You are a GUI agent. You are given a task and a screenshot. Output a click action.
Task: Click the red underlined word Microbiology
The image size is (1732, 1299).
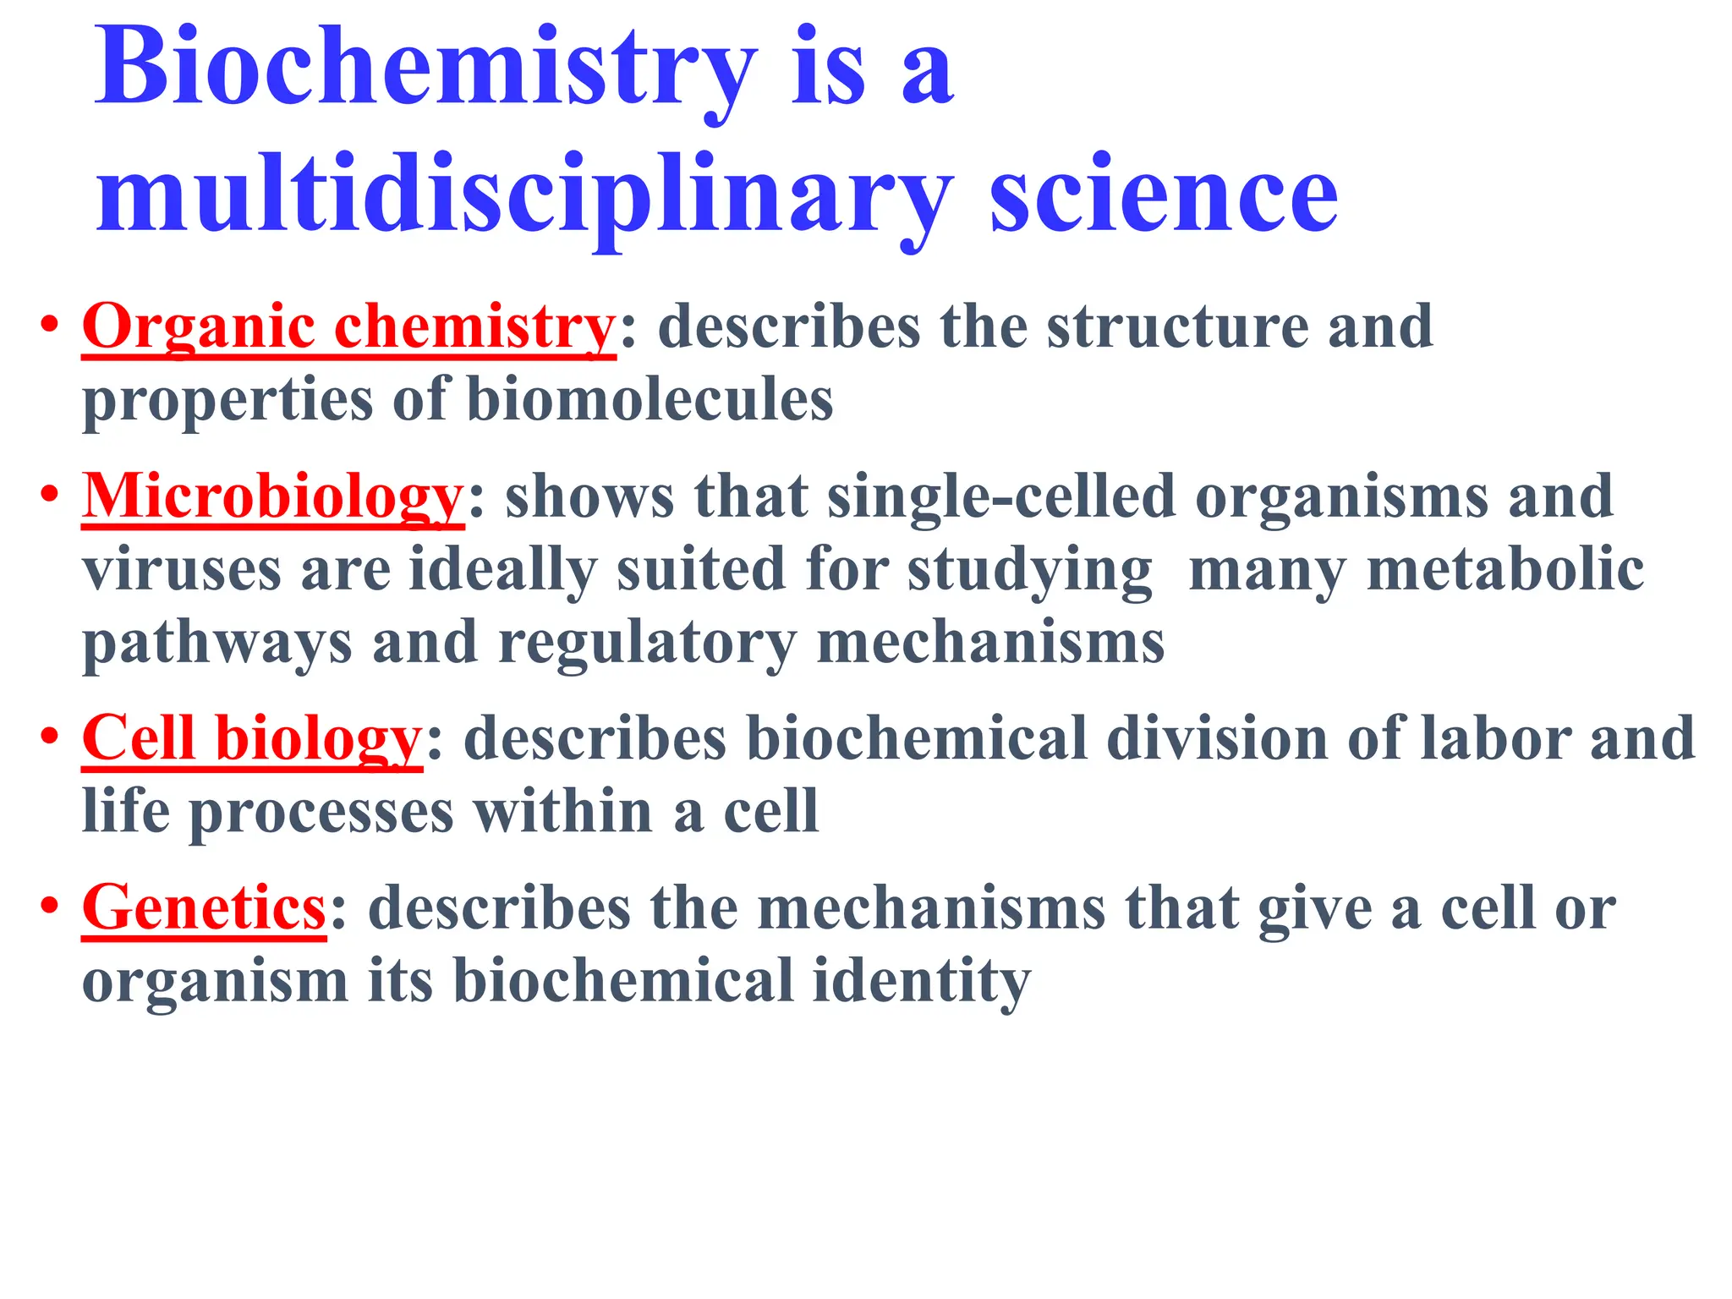tap(272, 496)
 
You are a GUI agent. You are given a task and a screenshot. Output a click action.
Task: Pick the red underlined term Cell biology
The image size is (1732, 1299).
tap(251, 738)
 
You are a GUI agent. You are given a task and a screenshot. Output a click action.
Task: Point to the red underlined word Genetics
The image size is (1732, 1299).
tap(204, 908)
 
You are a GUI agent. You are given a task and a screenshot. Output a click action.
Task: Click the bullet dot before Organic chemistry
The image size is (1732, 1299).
tap(50, 325)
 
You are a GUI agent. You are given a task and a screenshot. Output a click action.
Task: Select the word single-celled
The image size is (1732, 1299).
tap(1001, 496)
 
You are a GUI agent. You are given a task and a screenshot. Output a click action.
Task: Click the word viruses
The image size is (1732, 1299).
tap(181, 570)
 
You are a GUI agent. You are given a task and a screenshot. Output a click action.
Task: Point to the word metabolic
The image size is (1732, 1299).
tap(1505, 570)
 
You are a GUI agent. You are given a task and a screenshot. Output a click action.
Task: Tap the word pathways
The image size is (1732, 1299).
tap(216, 644)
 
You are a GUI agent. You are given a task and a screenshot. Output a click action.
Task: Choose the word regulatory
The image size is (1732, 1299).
tap(648, 644)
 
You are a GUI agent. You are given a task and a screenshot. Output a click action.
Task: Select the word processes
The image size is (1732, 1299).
tap(321, 812)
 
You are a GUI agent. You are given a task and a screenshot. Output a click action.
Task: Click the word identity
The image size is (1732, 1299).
tap(922, 982)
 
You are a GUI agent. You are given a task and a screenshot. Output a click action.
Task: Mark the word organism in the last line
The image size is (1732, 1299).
tap(215, 982)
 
